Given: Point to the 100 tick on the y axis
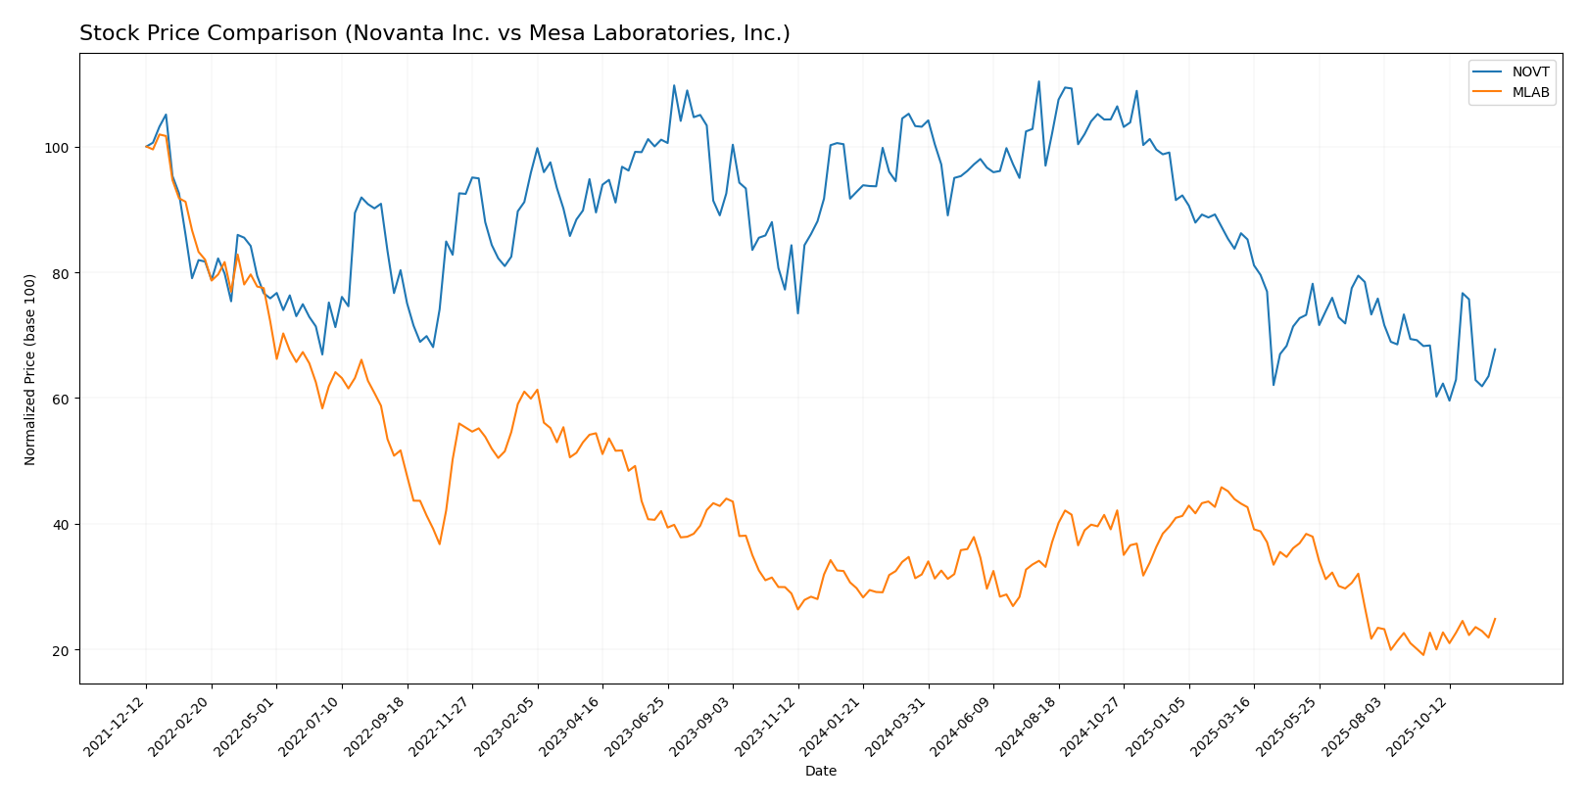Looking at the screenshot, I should click(x=62, y=147).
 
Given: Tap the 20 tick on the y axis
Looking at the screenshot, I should click(x=65, y=650).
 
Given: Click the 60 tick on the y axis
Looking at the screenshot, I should click(x=65, y=399).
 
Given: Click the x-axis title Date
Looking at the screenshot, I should click(x=820, y=772).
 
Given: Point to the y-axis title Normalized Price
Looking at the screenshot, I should click(x=30, y=369).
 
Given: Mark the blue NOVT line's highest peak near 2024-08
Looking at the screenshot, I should click(x=1038, y=81).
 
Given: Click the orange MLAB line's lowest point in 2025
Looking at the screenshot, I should click(x=1423, y=654).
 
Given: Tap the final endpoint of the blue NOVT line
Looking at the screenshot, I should click(x=1495, y=349).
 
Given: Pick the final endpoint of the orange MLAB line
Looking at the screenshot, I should click(x=1495, y=618).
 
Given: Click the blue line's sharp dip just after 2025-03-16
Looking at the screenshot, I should click(x=1274, y=384).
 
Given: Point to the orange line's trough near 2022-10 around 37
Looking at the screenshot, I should click(x=439, y=544).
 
